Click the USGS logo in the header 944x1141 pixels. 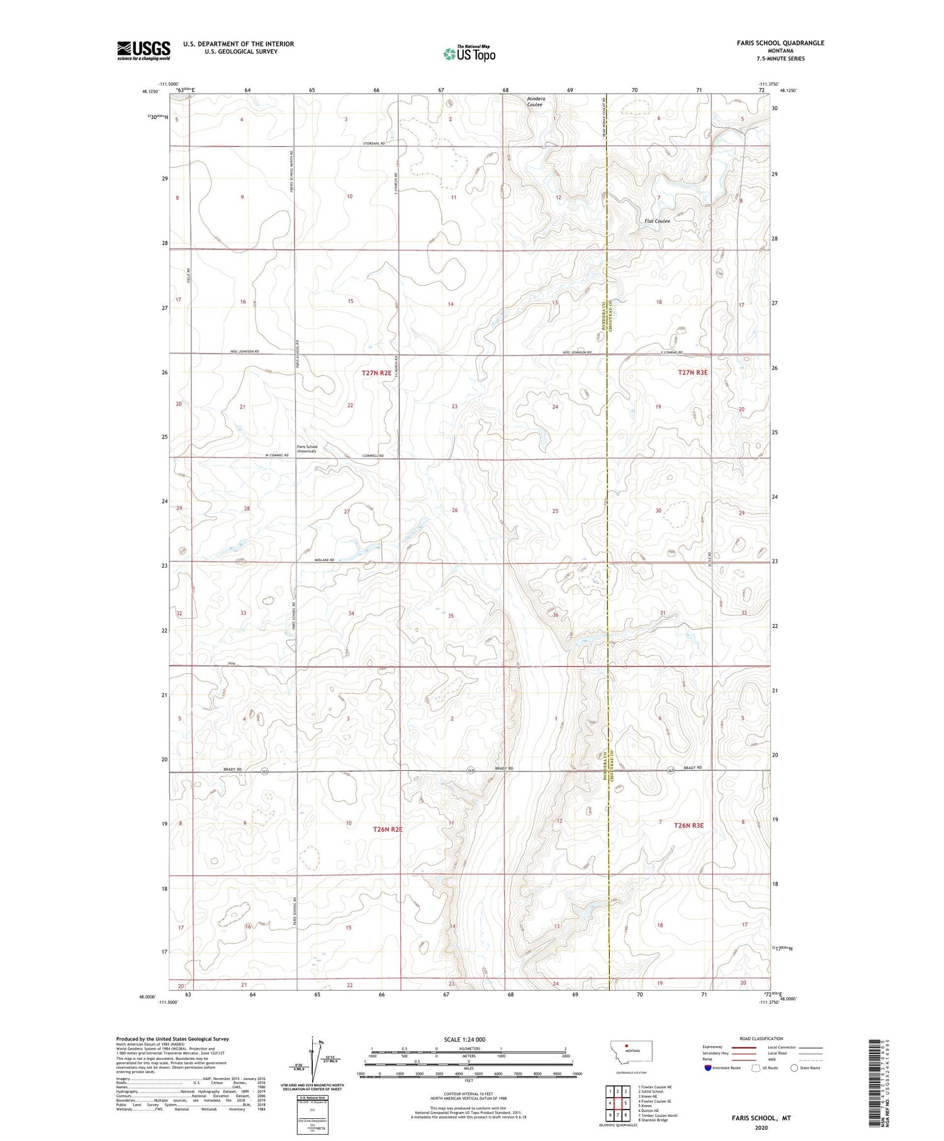[x=143, y=50]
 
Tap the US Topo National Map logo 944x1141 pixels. [x=469, y=53]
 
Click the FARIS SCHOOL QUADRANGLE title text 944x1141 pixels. [x=772, y=43]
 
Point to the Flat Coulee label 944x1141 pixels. [x=657, y=221]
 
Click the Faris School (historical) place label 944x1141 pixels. [x=308, y=449]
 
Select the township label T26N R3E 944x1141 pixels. [x=688, y=824]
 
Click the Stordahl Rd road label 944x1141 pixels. [x=374, y=143]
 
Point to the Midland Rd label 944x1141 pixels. [x=324, y=559]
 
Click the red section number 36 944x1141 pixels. [x=555, y=615]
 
